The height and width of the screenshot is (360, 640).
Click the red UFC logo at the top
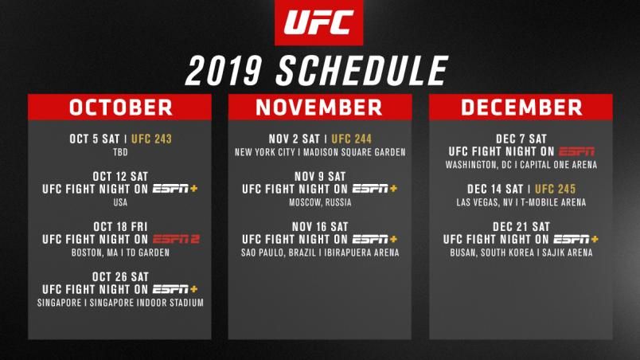coord(318,22)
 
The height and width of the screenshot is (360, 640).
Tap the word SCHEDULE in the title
coord(362,71)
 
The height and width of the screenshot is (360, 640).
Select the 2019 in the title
coord(223,71)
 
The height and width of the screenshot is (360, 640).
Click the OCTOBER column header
coord(120,108)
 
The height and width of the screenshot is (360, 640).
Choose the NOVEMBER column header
coord(319,108)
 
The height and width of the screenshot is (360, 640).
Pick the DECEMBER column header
coord(521,108)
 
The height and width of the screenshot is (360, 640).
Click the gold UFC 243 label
coord(151,139)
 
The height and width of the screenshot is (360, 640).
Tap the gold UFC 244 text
coord(351,139)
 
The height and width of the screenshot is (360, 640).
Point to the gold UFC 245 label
coord(555,189)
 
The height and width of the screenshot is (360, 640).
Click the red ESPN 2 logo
coord(177,239)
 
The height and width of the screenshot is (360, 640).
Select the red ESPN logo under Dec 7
coord(576,151)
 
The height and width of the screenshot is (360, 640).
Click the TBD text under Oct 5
coord(120,152)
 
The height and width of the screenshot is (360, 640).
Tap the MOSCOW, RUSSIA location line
coord(320,202)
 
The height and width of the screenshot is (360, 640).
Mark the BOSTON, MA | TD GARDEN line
coord(120,252)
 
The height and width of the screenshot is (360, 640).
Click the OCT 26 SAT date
coord(120,276)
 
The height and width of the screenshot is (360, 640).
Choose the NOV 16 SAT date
coord(320,226)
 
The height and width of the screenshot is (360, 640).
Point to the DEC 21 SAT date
coord(521,226)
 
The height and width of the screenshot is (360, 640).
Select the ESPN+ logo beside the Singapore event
coord(175,289)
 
